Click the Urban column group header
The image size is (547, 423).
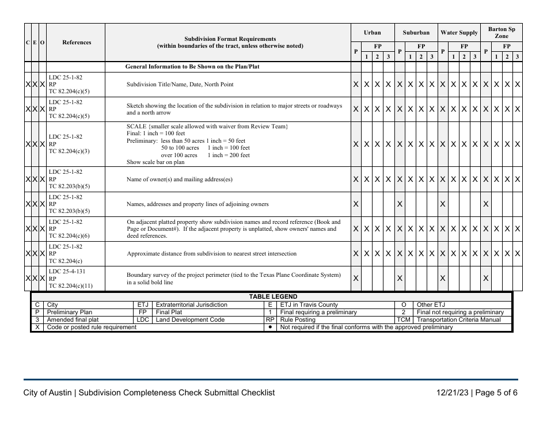[372, 33]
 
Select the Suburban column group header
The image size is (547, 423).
[416, 33]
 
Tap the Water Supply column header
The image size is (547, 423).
[459, 33]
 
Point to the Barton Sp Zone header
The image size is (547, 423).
[502, 32]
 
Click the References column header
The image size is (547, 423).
[77, 42]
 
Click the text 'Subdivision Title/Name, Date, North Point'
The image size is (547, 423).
[180, 85]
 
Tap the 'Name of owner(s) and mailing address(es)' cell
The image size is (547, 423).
[180, 180]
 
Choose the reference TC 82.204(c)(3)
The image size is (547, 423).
[69, 151]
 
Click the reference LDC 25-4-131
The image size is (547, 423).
[67, 271]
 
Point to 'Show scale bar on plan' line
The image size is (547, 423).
[155, 162]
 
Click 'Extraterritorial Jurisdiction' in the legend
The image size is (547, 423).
[191, 305]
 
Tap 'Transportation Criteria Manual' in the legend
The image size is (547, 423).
[458, 320]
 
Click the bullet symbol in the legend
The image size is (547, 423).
[270, 327]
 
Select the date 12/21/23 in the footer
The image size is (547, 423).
[453, 393]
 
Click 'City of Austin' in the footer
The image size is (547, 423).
[48, 393]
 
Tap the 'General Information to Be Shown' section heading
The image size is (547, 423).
[192, 67]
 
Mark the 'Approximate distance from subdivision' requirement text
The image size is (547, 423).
[211, 254]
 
